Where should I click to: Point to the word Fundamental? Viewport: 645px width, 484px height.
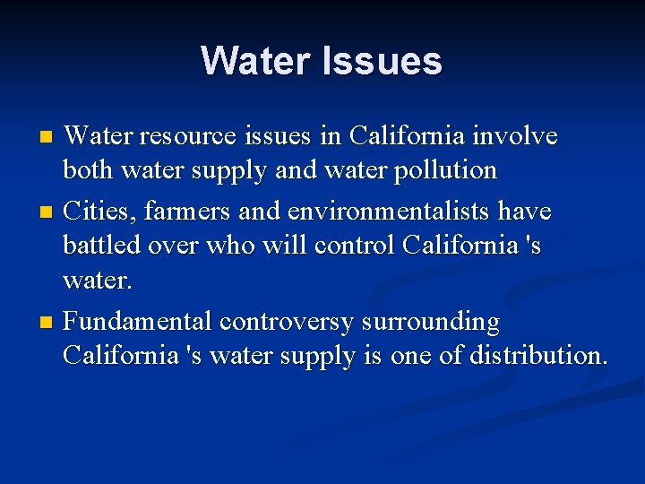tap(139, 321)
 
